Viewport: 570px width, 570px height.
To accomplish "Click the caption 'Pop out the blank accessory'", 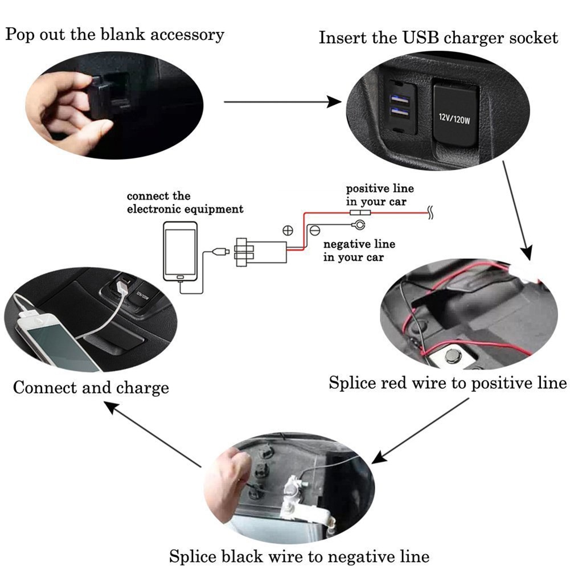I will click(x=114, y=35).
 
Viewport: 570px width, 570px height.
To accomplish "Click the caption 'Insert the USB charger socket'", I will click(x=438, y=38).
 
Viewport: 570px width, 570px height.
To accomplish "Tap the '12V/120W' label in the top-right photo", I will click(x=454, y=118).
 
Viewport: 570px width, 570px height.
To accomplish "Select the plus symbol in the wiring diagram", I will click(x=288, y=231).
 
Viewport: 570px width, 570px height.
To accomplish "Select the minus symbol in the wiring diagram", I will click(x=314, y=231).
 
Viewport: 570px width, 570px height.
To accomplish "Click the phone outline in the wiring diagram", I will click(x=181, y=251).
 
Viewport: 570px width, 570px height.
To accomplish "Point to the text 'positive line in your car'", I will click(x=380, y=195).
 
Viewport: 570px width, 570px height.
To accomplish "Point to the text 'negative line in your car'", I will click(x=359, y=251).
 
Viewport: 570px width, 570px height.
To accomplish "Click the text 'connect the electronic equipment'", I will click(x=184, y=203).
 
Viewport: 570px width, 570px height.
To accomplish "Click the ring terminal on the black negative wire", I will click(x=359, y=224).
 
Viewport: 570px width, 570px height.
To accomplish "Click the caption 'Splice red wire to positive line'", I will click(x=448, y=383).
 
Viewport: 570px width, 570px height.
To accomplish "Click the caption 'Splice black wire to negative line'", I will click(x=299, y=556).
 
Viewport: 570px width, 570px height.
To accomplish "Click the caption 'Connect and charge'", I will click(x=91, y=388).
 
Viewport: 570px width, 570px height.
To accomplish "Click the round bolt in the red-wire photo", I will click(x=453, y=357).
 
